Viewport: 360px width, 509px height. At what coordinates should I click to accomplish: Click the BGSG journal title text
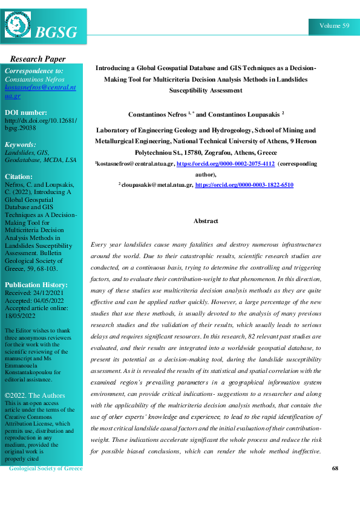(57, 33)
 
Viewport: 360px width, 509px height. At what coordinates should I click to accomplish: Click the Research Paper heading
(38, 59)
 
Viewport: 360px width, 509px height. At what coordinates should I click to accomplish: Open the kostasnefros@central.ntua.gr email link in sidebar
(40, 92)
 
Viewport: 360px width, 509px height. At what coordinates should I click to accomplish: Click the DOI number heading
(25, 112)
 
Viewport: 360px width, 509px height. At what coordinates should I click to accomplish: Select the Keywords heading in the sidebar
(20, 144)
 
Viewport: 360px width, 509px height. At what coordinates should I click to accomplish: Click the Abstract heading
(206, 221)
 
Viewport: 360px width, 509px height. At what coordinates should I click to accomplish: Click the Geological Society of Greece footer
(45, 468)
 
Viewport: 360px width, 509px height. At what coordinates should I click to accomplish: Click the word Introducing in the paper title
(114, 68)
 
